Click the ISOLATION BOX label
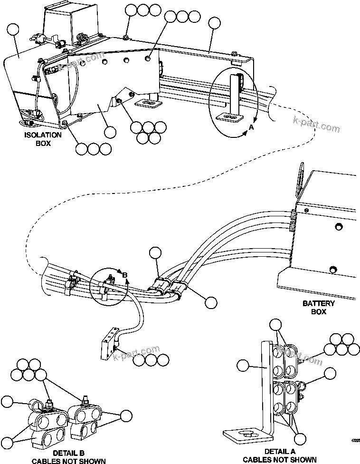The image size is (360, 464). [43, 138]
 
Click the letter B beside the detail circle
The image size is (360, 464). [125, 275]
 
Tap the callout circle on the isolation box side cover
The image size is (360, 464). [14, 30]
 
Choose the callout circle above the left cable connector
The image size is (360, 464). [155, 253]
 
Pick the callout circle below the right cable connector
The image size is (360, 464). [210, 302]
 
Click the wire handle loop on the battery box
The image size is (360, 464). [300, 180]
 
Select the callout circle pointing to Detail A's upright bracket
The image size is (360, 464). [243, 366]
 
